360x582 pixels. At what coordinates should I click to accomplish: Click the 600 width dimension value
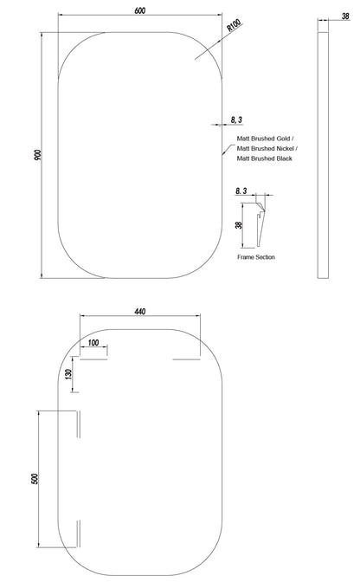140,10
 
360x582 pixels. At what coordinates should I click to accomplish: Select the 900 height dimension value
38,155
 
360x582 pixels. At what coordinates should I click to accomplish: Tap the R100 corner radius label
234,25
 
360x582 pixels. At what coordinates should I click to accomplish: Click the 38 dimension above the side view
345,16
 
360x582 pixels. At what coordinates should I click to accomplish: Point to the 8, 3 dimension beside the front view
236,120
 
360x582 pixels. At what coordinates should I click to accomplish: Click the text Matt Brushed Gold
264,139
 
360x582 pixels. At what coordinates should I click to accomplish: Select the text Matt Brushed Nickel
266,148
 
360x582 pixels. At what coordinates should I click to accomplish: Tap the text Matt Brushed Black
264,158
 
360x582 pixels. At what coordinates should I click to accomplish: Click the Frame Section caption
256,257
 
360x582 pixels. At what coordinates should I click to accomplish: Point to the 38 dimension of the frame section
239,225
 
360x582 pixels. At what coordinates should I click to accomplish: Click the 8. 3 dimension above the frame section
241,191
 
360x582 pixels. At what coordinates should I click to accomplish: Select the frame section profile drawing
260,224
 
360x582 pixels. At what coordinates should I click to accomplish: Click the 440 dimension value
140,312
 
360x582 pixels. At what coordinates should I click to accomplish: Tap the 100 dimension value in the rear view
93,342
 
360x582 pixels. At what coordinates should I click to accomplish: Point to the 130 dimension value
67,374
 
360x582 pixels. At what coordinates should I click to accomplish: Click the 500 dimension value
35,479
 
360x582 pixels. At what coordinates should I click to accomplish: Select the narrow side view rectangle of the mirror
323,155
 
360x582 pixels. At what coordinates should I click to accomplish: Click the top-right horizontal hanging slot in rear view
186,359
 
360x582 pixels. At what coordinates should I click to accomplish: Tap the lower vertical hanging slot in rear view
78,533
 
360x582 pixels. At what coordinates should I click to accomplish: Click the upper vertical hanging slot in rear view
78,424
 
